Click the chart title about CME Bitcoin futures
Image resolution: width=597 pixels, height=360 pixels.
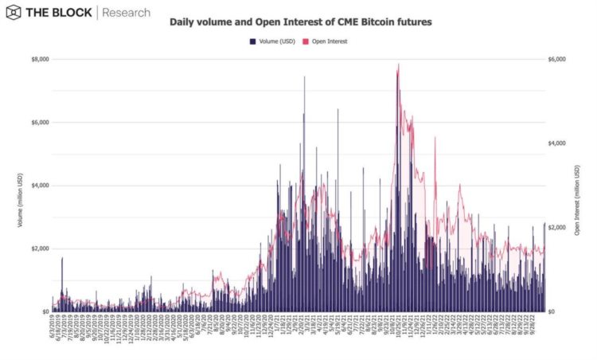point(301,22)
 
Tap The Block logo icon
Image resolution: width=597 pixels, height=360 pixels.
point(14,13)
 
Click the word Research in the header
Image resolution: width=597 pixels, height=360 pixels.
point(126,13)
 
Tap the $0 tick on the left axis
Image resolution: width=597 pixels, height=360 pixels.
point(43,311)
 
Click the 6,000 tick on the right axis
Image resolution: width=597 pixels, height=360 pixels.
point(557,59)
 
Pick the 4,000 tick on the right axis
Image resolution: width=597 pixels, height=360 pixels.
point(557,143)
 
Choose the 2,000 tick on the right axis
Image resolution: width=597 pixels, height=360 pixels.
point(557,228)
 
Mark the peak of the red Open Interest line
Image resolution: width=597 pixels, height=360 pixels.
point(398,65)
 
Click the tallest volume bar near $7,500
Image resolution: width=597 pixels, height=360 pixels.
point(304,77)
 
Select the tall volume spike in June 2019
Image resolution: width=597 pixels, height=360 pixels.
point(62,259)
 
